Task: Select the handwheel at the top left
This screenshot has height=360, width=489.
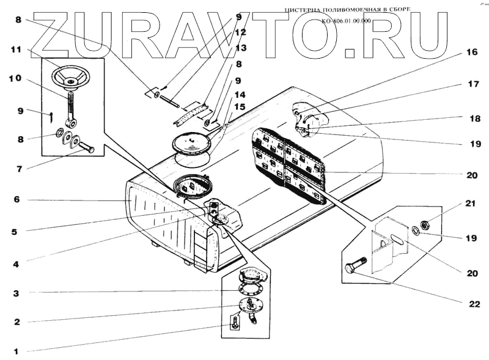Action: [70, 78]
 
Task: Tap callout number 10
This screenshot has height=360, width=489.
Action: [15, 79]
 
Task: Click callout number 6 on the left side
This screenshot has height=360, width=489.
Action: [17, 199]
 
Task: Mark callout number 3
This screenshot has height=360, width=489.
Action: [17, 293]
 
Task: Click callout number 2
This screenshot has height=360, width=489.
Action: [17, 321]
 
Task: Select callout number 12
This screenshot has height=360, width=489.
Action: [240, 32]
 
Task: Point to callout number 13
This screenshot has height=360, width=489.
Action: [240, 48]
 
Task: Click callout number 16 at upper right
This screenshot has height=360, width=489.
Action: [471, 53]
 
